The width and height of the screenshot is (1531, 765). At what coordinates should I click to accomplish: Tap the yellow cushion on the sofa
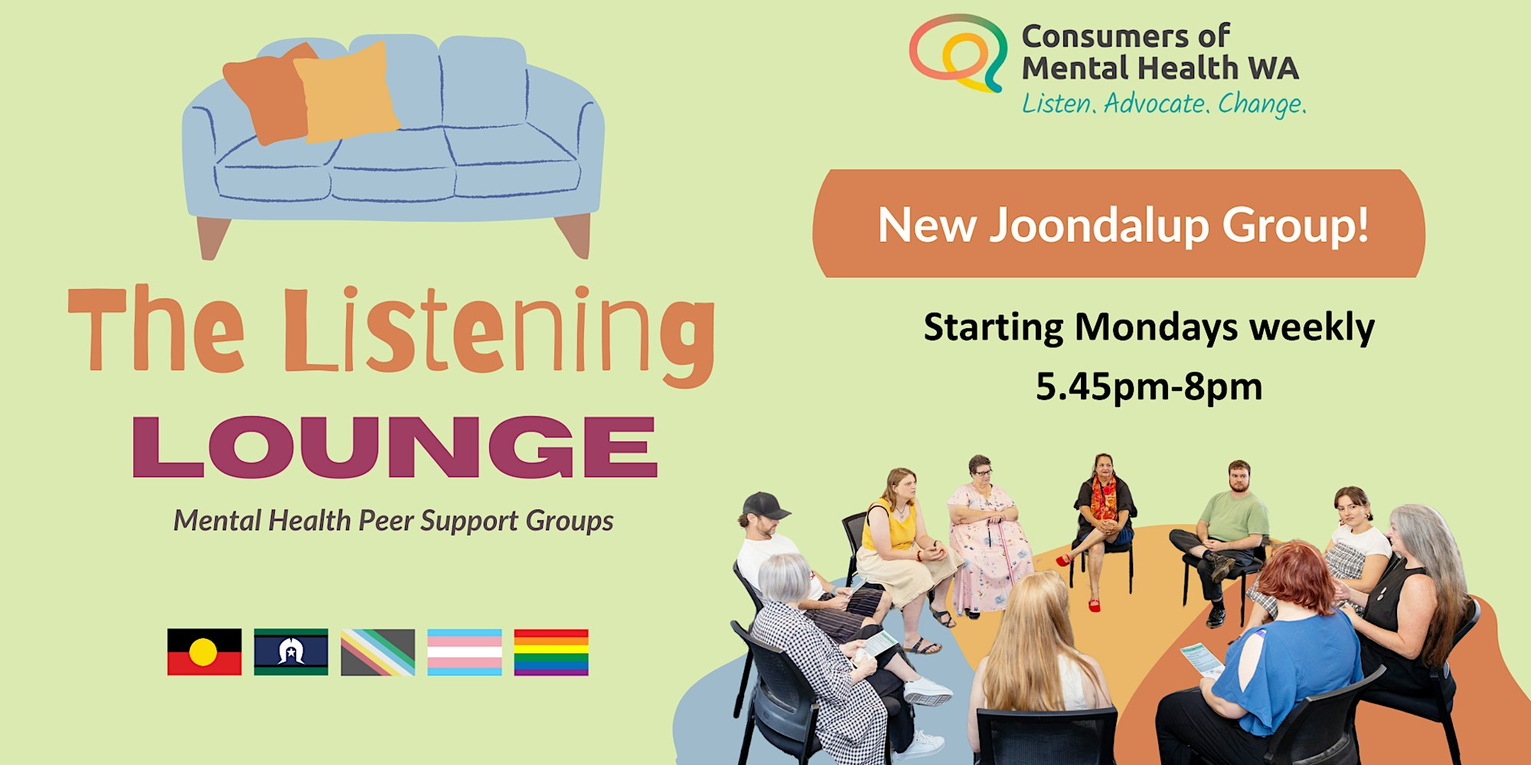pos(347,92)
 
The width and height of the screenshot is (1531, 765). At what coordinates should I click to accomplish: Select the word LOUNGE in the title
pos(395,447)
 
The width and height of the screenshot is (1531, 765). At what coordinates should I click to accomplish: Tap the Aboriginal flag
pos(204,653)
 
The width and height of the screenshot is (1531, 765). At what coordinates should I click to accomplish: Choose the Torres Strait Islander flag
pos(291,653)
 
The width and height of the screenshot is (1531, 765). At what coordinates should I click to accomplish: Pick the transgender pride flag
pos(465,653)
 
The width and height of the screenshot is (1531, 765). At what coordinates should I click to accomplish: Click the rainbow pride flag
pos(551,653)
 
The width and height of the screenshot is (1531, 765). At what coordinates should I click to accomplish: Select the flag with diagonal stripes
pos(378,653)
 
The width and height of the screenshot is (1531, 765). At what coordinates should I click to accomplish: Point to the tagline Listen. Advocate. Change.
pos(1164,104)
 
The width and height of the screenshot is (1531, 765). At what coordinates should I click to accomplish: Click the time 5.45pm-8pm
pos(1149,386)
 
